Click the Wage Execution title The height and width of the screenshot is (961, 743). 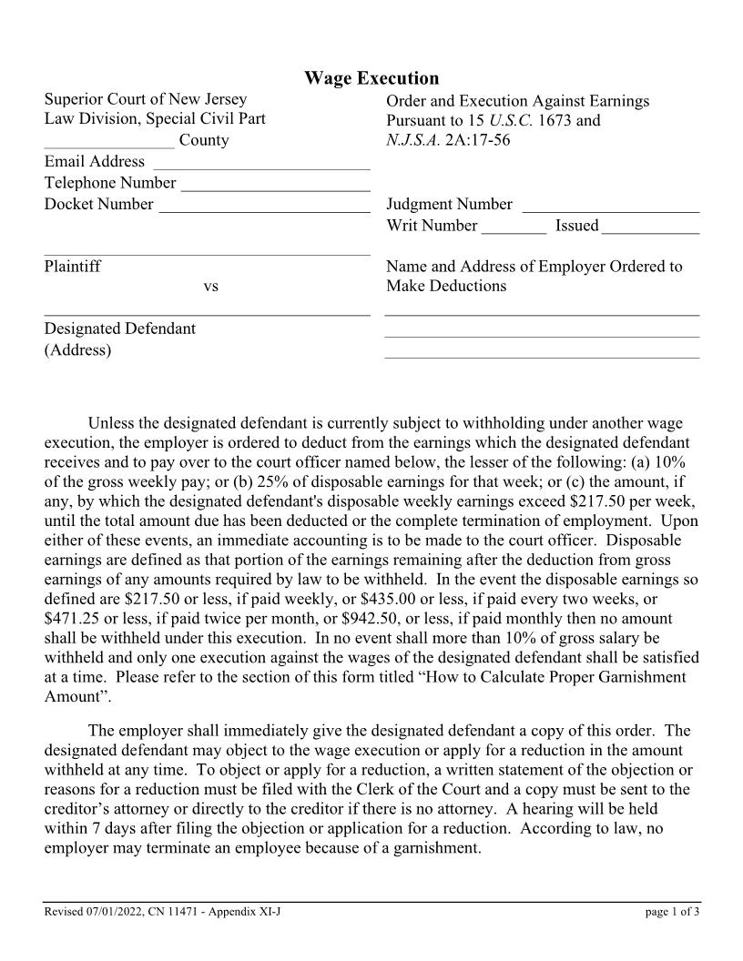pos(371,79)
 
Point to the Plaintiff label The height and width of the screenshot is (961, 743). pos(73,267)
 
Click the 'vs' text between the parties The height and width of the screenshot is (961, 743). pos(210,287)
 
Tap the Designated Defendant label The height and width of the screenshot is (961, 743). pos(119,329)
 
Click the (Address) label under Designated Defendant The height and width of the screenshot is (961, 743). pos(78,350)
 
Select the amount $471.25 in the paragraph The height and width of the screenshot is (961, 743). pos(73,620)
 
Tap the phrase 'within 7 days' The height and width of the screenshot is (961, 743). pos(87,829)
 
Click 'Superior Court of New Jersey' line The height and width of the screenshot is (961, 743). pos(146,100)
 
